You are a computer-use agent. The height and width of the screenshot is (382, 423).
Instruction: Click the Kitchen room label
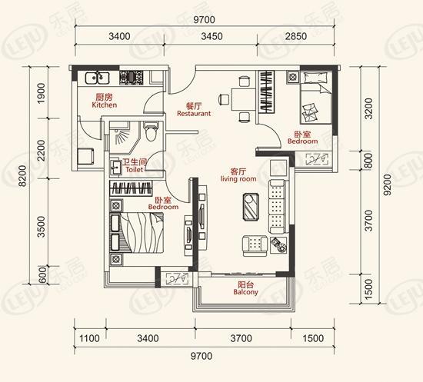click(x=105, y=105)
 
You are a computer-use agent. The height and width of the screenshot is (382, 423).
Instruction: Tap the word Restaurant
click(x=194, y=114)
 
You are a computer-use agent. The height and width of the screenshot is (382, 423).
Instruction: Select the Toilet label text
click(x=135, y=170)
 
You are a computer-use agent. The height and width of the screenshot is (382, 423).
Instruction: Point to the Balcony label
click(x=246, y=292)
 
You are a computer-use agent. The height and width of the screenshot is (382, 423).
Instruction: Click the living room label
click(x=238, y=179)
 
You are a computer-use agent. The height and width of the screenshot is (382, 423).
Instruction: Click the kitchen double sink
click(x=98, y=78)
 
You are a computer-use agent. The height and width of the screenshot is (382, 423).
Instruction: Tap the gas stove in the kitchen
click(x=132, y=78)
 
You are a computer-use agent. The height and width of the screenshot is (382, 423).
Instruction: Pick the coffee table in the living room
click(x=251, y=207)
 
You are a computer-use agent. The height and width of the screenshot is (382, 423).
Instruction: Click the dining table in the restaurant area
click(x=243, y=99)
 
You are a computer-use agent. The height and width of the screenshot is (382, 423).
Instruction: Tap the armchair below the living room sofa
click(x=255, y=246)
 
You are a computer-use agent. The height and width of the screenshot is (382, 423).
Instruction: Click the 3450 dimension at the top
click(x=211, y=36)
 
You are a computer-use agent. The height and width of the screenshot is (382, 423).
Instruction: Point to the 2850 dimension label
click(x=296, y=36)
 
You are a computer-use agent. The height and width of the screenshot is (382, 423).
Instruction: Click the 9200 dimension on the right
click(x=387, y=184)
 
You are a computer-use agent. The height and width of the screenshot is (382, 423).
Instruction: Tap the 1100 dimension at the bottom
click(x=89, y=338)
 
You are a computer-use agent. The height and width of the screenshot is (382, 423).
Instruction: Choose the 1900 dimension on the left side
click(x=41, y=93)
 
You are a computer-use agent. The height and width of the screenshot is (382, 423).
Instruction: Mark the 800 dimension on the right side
click(x=368, y=160)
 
